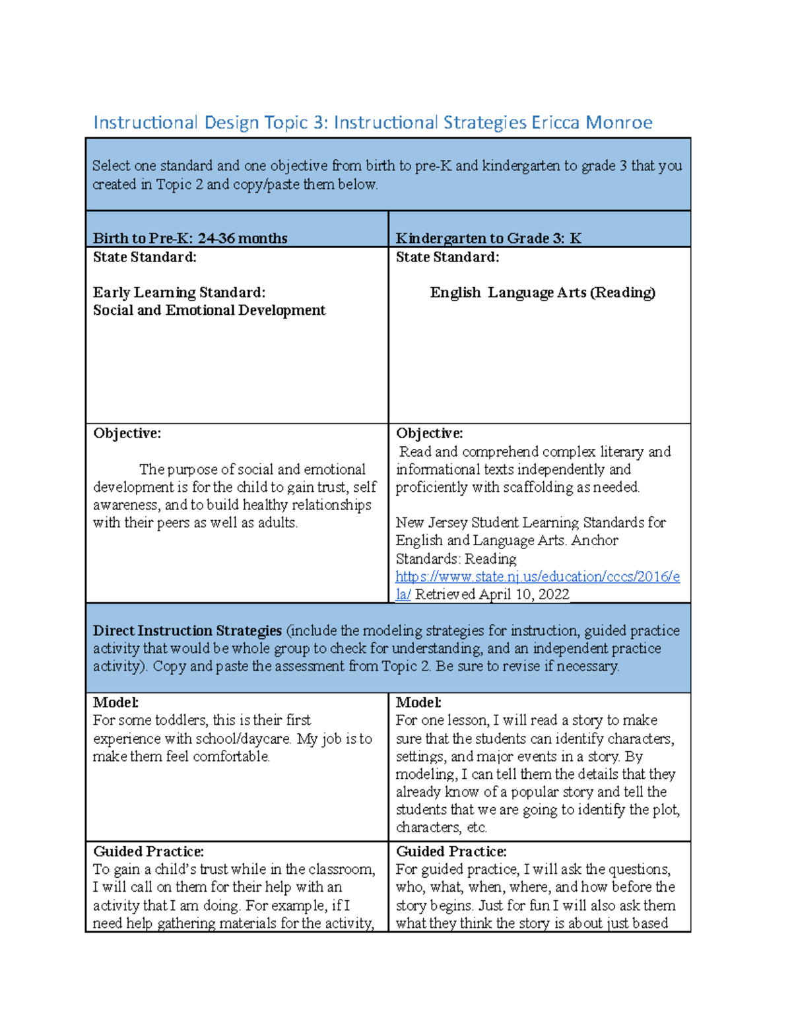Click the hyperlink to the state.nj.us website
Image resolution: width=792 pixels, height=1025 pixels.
tap(537, 577)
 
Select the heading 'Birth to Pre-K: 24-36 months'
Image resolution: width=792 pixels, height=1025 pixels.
tap(190, 238)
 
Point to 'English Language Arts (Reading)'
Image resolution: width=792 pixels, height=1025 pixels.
tap(543, 292)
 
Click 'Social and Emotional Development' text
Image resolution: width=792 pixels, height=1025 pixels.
tap(209, 310)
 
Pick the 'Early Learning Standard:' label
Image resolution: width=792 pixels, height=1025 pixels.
tap(179, 292)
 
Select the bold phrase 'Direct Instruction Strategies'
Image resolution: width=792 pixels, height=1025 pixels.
tap(187, 631)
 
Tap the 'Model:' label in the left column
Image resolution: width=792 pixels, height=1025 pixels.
tap(115, 702)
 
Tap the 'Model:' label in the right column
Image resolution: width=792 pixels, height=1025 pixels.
tap(418, 702)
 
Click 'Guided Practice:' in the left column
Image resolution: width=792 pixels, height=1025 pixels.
tap(148, 851)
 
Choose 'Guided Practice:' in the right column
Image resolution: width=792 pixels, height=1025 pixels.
tap(451, 851)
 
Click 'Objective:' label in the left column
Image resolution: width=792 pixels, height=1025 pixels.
tap(127, 434)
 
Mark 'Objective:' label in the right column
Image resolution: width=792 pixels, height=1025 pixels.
tap(429, 434)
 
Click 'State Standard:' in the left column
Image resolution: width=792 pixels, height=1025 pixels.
tap(145, 257)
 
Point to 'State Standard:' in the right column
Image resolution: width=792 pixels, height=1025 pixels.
tap(447, 257)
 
